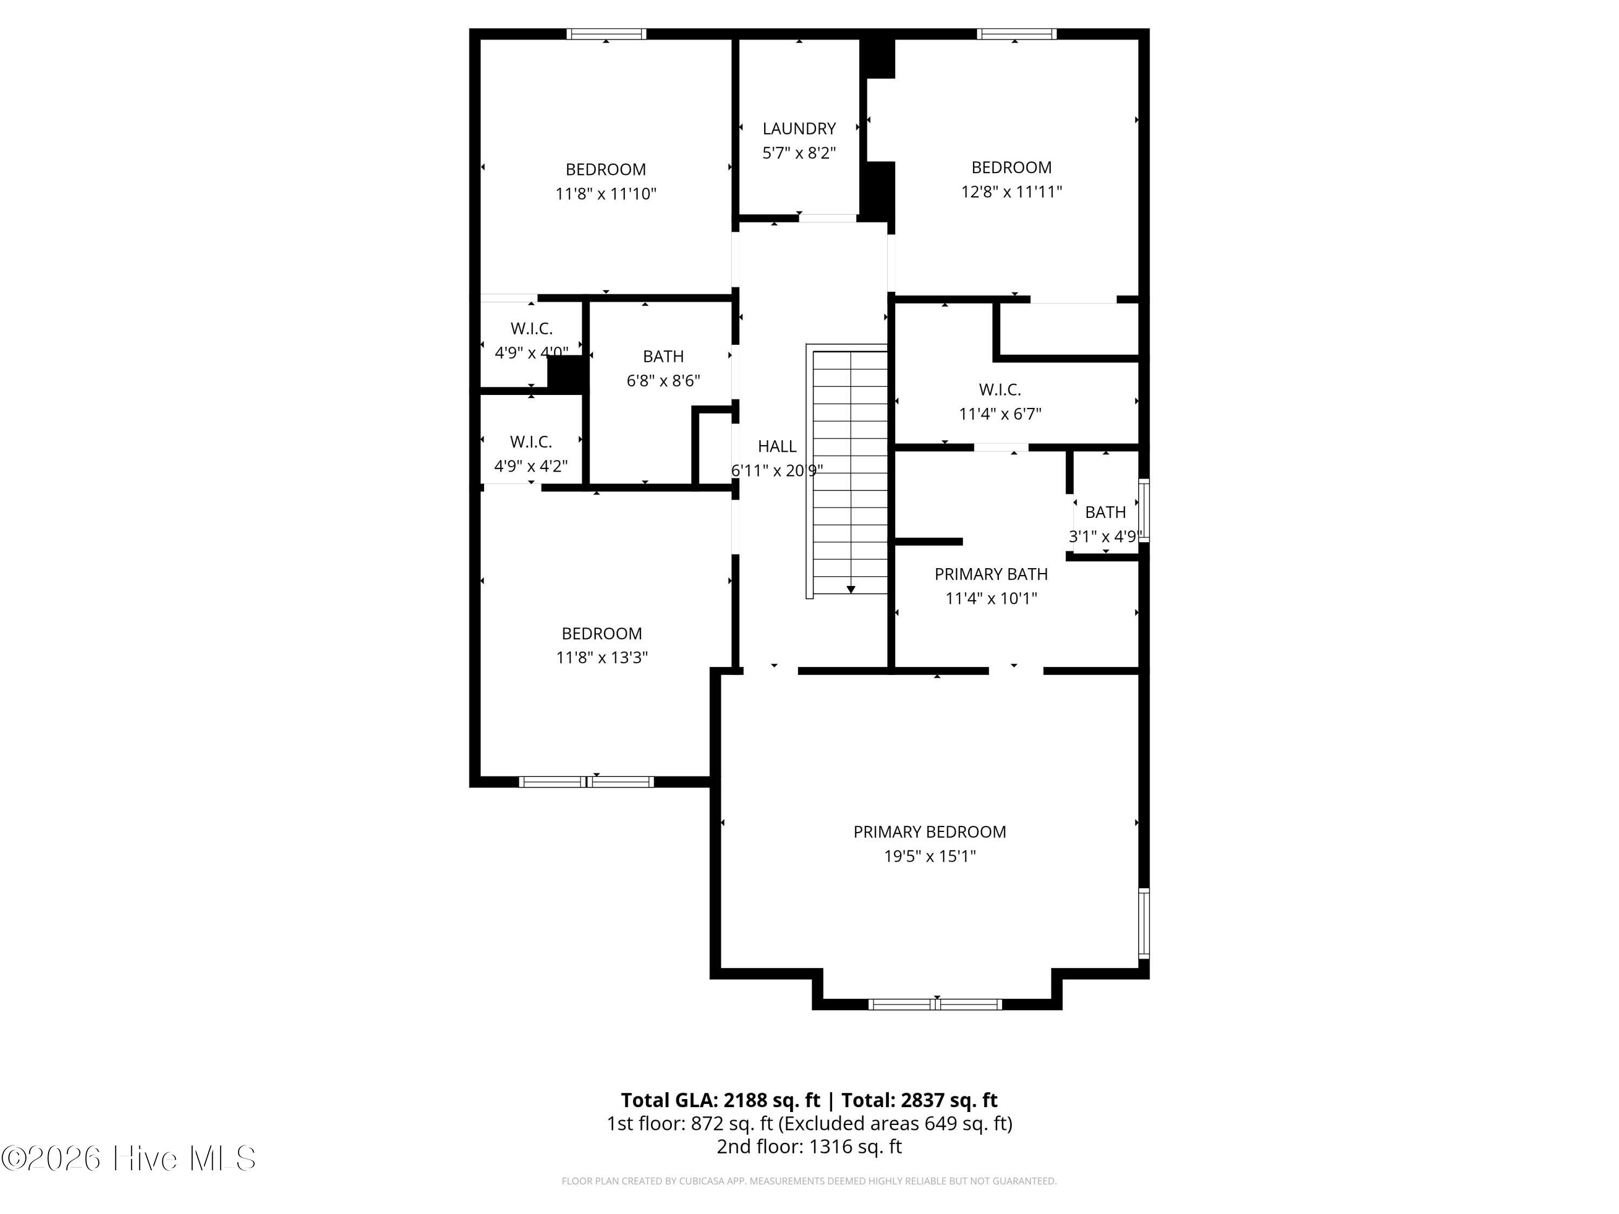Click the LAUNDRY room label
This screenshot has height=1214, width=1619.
pos(799,129)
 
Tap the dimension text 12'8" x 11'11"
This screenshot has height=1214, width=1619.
pos(1011,192)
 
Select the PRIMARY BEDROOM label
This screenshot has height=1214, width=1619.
pos(929,832)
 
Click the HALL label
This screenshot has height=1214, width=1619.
pos(777,446)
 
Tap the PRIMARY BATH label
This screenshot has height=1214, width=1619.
pos(991,575)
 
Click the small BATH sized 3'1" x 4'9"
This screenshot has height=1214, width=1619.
pos(1105,512)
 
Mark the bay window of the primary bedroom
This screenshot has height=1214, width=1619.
pos(935,1004)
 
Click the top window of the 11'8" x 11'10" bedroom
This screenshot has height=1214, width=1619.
pos(606,33)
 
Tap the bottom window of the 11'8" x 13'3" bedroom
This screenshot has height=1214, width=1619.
pos(586,781)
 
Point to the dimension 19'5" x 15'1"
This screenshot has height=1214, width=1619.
pos(929,856)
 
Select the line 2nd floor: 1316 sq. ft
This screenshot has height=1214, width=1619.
pos(809,1147)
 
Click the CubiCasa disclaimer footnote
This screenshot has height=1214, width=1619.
pos(809,1181)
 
